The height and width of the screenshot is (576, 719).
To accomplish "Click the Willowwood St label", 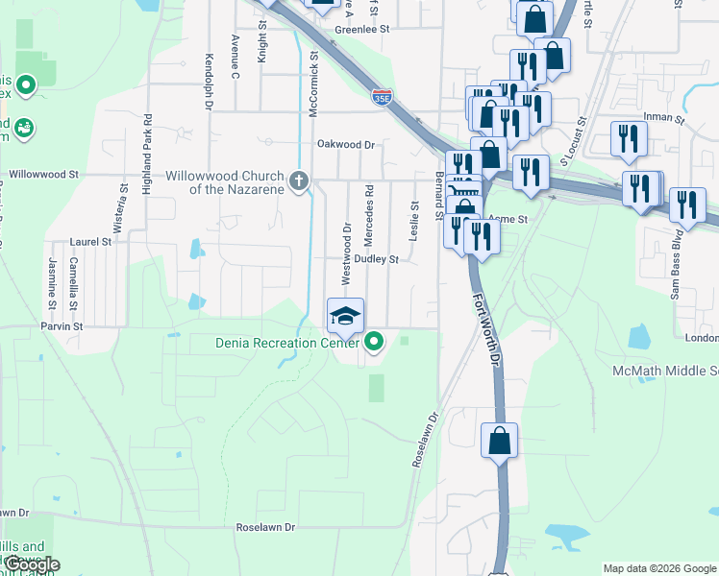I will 43,175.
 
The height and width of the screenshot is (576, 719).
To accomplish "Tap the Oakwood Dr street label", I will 345,145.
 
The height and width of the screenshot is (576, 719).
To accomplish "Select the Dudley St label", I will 376,259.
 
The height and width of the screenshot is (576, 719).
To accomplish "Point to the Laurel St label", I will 91,242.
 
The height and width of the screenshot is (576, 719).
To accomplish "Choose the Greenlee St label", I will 360,30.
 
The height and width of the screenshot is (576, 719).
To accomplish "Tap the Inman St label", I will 663,121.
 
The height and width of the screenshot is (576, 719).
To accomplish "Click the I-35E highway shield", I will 382,96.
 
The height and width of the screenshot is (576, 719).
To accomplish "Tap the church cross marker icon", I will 299,180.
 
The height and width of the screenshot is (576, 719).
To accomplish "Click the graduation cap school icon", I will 346,314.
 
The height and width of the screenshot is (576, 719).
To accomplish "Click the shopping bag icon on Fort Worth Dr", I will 500,442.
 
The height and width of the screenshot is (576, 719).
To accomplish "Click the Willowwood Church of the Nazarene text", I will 225,182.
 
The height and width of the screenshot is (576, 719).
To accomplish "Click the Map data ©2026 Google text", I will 658,567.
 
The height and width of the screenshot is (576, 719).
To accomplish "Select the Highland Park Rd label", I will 148,156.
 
